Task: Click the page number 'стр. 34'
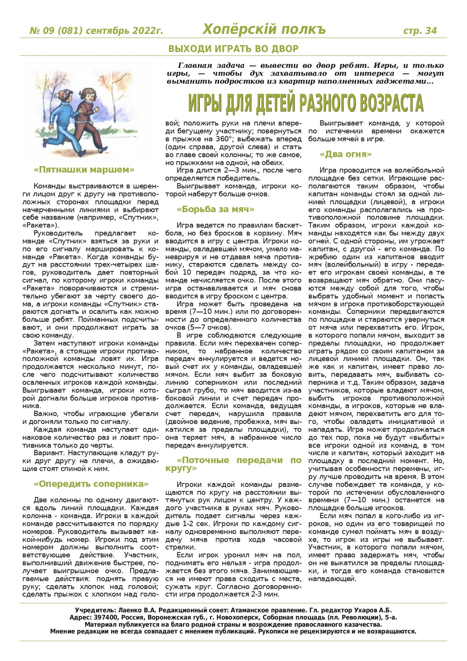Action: click(420, 30)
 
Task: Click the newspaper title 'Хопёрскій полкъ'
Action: click(264, 30)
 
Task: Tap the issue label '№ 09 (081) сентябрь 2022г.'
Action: click(96, 31)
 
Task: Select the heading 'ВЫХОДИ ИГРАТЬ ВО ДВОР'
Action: click(233, 48)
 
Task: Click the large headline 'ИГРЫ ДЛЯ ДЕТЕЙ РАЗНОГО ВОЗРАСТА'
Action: click(305, 103)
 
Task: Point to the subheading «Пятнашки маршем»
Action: click(84, 170)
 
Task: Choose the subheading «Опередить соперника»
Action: click(91, 484)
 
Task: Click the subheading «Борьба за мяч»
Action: click(215, 209)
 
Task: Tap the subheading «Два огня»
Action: click(346, 154)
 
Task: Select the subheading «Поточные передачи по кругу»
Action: click(233, 464)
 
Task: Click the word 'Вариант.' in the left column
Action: click(48, 453)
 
